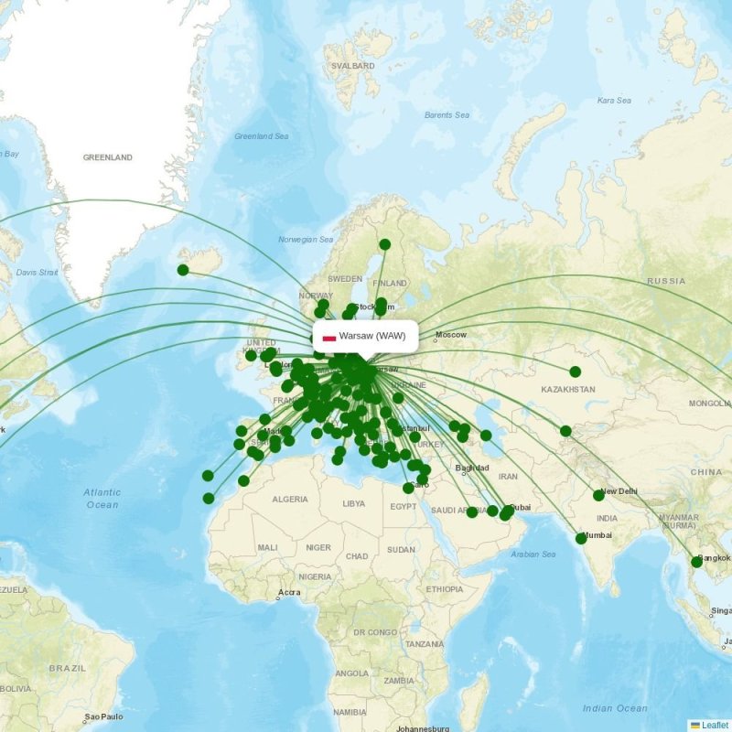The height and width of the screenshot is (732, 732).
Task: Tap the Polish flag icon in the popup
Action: [328, 337]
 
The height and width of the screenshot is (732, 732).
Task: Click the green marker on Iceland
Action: [183, 270]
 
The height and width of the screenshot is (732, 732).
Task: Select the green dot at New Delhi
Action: [598, 495]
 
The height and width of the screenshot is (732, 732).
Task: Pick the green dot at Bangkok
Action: [696, 562]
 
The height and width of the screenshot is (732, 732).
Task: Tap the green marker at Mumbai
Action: [581, 538]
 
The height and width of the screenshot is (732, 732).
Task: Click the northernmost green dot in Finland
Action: [385, 244]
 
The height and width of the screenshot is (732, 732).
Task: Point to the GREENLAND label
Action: [108, 157]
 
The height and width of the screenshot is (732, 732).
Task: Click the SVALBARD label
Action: [353, 66]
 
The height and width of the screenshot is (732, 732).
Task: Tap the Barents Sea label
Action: [447, 115]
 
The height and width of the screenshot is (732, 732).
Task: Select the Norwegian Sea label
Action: [306, 240]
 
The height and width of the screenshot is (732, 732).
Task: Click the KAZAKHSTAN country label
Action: [568, 390]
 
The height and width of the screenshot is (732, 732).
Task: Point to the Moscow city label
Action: [451, 335]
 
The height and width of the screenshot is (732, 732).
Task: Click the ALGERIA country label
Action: [289, 500]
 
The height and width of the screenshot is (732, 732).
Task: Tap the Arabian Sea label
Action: [534, 554]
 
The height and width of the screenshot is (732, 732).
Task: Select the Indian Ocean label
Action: [615, 708]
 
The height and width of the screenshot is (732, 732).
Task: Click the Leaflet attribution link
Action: [709, 725]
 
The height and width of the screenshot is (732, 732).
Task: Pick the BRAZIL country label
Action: [68, 668]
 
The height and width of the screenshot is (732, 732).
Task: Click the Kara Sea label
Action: [614, 101]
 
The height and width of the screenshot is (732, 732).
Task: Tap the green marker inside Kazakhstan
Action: [575, 371]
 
